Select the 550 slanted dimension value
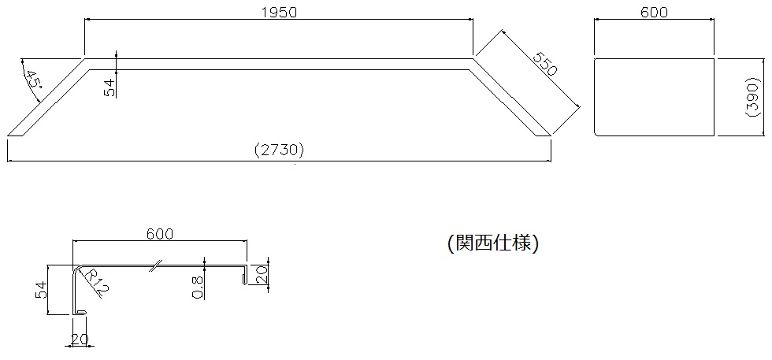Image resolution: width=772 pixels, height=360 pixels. point(544,64)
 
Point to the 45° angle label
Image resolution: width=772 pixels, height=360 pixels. point(32,80)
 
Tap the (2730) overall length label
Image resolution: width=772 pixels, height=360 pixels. point(279,150)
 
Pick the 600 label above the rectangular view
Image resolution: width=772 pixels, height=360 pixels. point(654,12)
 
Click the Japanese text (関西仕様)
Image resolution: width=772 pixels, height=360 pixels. point(492,243)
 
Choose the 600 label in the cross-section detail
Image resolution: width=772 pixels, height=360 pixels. point(160,233)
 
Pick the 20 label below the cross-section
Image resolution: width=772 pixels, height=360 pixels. point(79,340)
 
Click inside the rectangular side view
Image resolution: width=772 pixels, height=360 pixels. point(654,97)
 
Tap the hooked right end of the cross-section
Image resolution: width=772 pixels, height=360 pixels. point(245,275)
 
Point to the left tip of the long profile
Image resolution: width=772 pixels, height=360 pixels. point(10,135)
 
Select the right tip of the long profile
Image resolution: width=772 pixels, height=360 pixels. point(548,135)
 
